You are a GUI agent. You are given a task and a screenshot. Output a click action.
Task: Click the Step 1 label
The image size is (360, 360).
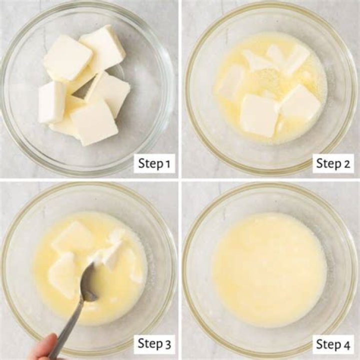154,163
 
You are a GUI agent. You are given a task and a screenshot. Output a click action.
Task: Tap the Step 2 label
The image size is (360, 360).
333,163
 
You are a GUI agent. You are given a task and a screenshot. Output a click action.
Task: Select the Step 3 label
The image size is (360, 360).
154,344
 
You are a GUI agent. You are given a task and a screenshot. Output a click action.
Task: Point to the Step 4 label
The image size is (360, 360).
333,344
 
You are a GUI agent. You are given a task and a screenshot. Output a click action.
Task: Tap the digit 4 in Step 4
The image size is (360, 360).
346,344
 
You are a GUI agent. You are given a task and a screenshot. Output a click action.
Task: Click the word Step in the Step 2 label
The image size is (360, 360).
328,163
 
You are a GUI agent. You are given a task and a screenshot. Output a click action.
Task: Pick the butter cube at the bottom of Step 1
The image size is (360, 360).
94,123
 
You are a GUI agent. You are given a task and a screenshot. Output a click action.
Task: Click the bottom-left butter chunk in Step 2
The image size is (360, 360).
258,115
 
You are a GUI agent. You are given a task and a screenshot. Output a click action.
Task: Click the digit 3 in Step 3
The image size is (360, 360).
167,344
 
